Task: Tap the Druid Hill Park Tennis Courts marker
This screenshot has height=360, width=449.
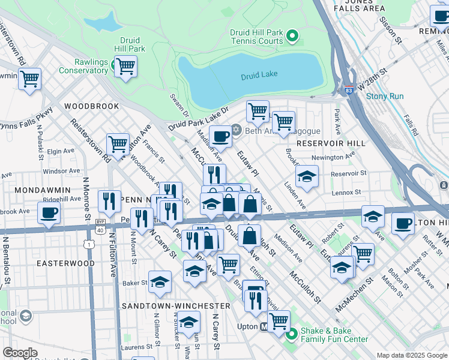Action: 293,37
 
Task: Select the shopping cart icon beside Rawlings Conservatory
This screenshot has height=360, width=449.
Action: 125,67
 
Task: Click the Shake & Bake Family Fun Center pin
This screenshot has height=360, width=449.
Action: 292,334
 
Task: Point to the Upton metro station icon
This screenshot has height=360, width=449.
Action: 264,328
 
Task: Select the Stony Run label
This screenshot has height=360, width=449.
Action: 385,96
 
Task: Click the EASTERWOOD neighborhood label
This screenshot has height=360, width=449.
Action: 65,263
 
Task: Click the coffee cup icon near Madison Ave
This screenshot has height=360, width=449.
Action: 220,137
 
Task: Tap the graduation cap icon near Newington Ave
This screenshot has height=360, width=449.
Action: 307,176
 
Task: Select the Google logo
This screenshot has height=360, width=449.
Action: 20,353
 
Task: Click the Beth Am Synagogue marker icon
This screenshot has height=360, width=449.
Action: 236,130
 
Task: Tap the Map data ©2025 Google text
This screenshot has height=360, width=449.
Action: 412,355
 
